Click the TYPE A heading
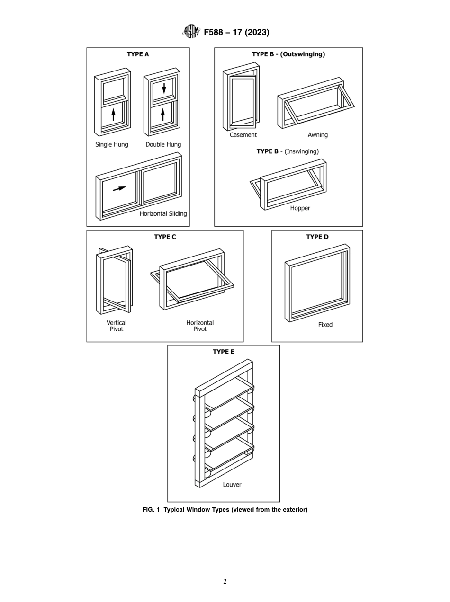[138, 54]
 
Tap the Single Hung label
[112, 144]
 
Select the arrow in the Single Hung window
[113, 115]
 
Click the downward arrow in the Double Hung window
[164, 88]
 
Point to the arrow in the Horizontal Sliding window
[119, 189]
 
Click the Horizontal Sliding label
[163, 213]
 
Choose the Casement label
[243, 135]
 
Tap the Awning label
[317, 135]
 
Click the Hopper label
[300, 208]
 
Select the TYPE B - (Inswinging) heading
[288, 151]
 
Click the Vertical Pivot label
[117, 326]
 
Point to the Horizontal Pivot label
[200, 326]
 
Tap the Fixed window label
[325, 325]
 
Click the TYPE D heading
[317, 237]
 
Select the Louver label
[232, 485]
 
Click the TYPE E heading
[223, 352]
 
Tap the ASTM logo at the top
[191, 32]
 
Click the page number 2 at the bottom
[225, 582]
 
